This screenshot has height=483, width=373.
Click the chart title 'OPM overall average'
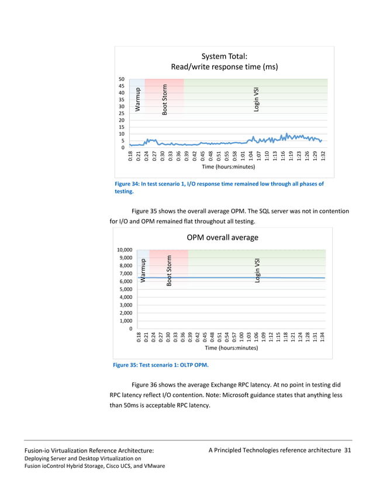coord(222,237)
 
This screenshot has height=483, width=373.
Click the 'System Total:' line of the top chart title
coord(224,56)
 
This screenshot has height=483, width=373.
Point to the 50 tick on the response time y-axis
coord(121,78)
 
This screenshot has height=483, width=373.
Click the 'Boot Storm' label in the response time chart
coord(165,100)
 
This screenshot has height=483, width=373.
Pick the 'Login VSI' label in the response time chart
coord(257,100)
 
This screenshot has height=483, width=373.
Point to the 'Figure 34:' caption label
coord(129,184)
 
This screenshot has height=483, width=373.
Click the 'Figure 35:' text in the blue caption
coord(127,365)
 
